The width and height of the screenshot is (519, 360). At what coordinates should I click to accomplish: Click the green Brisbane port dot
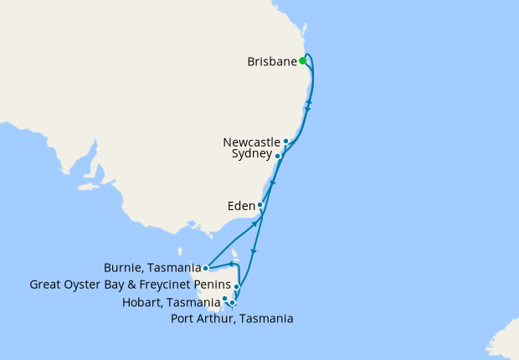302,60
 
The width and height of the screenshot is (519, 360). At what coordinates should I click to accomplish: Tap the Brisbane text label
273,61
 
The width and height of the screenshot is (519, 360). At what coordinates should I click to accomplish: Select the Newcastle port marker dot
286,141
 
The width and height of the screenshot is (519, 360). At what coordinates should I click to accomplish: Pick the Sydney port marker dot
278,156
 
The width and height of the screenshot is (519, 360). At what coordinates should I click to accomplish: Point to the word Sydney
251,155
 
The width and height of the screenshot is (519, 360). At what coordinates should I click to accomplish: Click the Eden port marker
260,205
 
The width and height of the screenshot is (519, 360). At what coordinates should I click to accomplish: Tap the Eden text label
240,205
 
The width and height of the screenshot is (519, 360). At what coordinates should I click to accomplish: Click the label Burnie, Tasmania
152,268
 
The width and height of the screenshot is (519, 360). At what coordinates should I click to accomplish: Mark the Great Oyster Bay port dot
237,286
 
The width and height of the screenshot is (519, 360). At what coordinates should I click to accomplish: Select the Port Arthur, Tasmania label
232,318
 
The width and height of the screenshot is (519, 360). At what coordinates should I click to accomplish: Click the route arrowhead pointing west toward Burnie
232,264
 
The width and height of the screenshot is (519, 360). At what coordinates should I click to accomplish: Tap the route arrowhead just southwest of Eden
253,224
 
